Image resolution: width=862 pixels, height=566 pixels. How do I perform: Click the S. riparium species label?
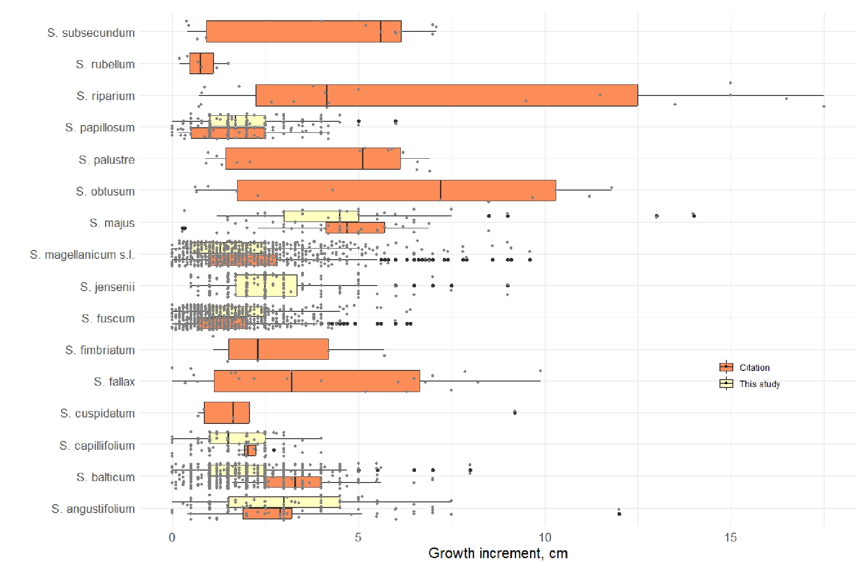[106, 96]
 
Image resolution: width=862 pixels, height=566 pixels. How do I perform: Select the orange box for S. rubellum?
[202, 64]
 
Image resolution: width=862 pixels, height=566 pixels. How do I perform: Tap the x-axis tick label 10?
[545, 537]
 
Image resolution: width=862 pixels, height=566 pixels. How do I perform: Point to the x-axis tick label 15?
[731, 537]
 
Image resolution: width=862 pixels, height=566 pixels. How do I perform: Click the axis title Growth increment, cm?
[498, 553]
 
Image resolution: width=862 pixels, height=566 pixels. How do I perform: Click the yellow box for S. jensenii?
[266, 286]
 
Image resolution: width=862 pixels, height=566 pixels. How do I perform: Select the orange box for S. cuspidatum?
[226, 413]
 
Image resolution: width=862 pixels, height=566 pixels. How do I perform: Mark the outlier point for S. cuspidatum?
[515, 412]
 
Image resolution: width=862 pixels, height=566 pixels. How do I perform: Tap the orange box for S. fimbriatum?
[278, 349]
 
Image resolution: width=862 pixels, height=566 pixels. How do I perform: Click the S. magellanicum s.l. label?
[82, 255]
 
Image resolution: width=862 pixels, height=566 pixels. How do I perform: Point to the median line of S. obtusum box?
[440, 191]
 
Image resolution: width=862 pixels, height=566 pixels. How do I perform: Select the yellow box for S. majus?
[321, 216]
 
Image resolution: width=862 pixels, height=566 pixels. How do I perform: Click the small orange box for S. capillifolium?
[250, 450]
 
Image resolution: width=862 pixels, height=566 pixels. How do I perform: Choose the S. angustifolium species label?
[93, 509]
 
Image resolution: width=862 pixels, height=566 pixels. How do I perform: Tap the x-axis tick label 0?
[172, 537]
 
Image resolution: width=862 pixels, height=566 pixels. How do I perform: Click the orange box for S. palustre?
[313, 159]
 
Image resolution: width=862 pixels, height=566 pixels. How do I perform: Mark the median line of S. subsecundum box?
[380, 31]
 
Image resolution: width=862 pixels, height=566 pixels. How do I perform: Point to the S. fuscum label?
[108, 318]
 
